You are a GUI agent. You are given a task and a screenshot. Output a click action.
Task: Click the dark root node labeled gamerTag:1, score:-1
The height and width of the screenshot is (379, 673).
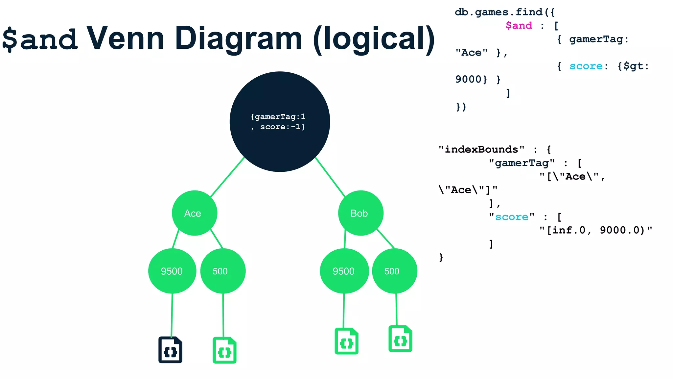(280, 122)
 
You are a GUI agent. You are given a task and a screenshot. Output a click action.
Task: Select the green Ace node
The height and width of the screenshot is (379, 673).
(195, 213)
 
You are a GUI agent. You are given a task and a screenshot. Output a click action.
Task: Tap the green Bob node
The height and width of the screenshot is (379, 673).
(360, 213)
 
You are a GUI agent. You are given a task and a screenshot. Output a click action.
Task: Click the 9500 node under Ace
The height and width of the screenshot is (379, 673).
(172, 271)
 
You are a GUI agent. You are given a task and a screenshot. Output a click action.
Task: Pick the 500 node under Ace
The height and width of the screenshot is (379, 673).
(223, 271)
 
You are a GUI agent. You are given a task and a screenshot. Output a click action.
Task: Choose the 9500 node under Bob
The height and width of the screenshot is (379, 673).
(344, 271)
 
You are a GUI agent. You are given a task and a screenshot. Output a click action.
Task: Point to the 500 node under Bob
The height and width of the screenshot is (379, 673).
(394, 271)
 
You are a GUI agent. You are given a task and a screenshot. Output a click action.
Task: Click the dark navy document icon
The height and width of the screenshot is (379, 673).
(170, 350)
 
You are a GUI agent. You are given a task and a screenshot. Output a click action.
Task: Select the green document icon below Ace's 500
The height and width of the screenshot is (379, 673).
(224, 350)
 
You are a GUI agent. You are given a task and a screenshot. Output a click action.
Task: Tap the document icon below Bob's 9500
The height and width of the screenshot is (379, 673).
(346, 341)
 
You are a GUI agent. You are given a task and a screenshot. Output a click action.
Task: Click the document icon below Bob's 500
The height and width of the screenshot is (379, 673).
(400, 339)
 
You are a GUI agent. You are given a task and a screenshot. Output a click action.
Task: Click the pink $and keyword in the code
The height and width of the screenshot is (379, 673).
(519, 26)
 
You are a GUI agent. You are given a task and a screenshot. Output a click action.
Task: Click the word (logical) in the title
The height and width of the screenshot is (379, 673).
(374, 39)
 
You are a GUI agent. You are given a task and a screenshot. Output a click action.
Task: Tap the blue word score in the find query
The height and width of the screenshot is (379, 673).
(586, 66)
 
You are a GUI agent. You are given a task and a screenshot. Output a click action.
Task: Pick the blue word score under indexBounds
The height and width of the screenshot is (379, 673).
(512, 217)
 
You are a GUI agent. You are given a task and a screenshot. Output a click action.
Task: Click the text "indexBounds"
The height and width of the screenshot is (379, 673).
(481, 150)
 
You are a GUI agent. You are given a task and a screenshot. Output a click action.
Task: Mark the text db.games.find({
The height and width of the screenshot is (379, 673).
(505, 13)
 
